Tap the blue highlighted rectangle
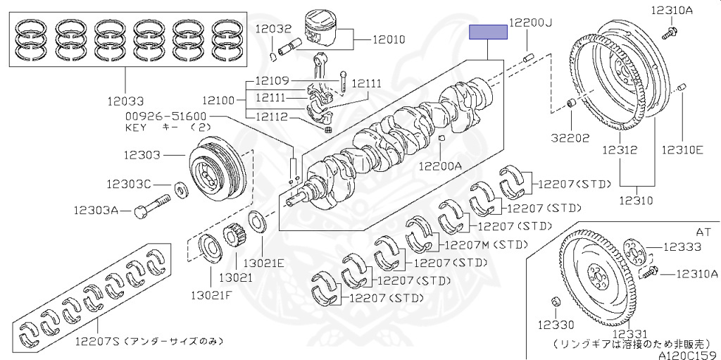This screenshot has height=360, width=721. click(489, 31)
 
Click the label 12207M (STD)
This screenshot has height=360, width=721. click(485, 245)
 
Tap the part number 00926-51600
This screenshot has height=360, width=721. click(165, 116)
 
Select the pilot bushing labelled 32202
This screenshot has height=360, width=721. click(572, 106)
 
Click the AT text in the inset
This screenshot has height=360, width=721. click(703, 230)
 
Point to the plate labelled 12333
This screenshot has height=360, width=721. click(634, 249)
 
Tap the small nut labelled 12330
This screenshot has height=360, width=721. click(554, 303)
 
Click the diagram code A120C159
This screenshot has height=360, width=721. click(688, 355)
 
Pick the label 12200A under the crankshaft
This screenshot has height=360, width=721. click(439, 166)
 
